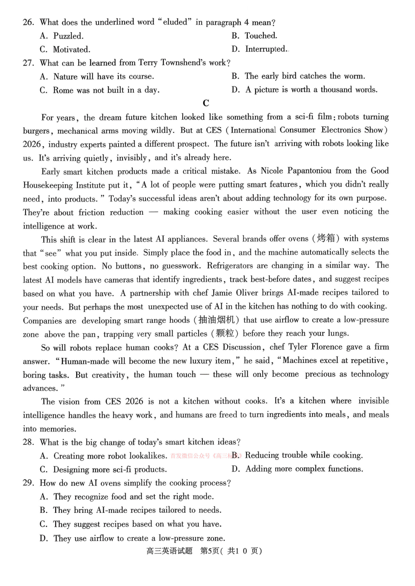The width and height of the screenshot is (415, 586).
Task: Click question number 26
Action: (x=28, y=22)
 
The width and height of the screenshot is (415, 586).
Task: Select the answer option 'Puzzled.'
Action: (x=68, y=36)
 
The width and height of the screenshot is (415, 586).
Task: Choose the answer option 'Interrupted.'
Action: (x=266, y=49)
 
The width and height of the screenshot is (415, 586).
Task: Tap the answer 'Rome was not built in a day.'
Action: (x=106, y=90)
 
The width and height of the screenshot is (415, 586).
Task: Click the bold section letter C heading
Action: (x=206, y=103)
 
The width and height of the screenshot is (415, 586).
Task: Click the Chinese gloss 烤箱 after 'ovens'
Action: (x=326, y=238)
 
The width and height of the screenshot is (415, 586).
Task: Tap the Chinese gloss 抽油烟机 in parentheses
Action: (x=216, y=320)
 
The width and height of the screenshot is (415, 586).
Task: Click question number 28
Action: (x=28, y=442)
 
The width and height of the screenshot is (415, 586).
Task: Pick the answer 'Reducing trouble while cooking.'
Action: (x=304, y=455)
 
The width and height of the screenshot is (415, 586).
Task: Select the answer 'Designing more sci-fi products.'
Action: (x=110, y=469)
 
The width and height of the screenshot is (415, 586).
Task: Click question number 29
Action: (x=28, y=483)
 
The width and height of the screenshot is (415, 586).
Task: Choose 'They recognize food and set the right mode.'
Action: (x=133, y=497)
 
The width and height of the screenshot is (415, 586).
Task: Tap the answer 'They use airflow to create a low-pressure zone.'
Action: (x=139, y=538)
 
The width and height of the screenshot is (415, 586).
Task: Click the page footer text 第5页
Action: (x=210, y=551)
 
